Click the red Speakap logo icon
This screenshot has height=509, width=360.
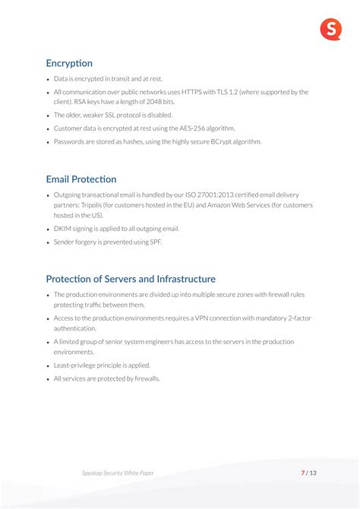pos(330,30)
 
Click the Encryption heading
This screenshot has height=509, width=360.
pos(69,63)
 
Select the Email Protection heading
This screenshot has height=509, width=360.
pos(81,179)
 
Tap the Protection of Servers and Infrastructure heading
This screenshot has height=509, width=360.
pos(131,279)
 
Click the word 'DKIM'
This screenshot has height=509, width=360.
pos(62,229)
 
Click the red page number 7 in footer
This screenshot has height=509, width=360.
pos(303,473)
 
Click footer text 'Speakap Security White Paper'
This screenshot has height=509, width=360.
pos(118,473)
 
